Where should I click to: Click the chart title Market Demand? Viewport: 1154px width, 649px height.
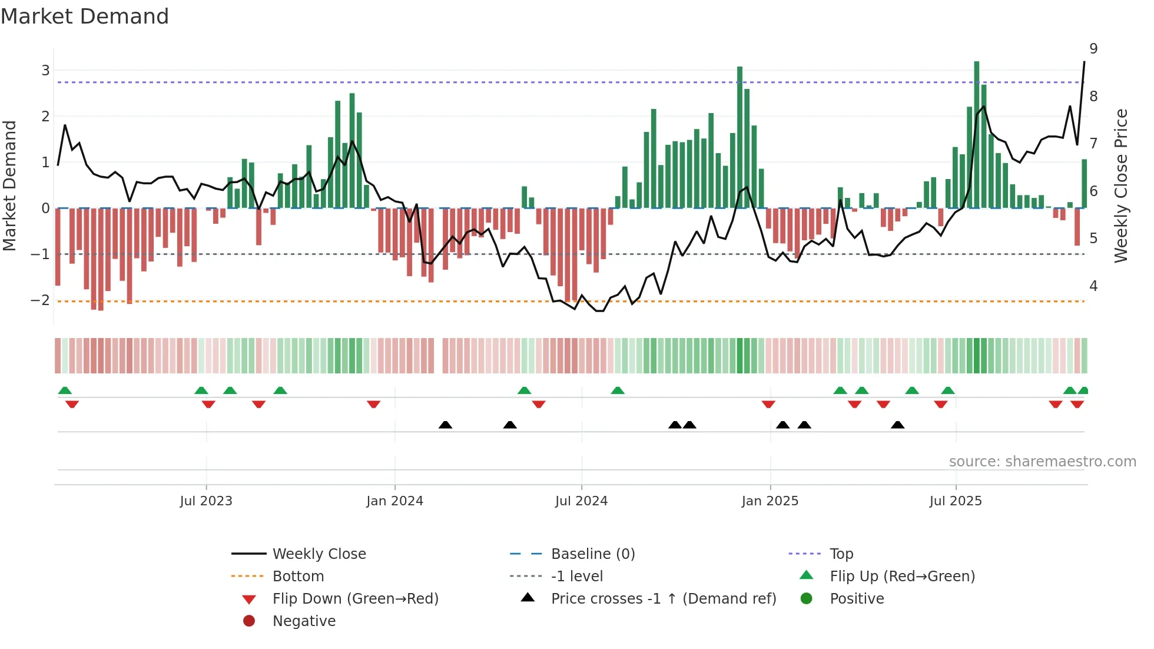click(85, 16)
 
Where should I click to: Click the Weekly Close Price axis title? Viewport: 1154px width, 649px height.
click(1121, 186)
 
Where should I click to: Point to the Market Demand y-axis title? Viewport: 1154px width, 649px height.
click(9, 186)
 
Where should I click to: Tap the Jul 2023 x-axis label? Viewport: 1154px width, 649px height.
click(206, 501)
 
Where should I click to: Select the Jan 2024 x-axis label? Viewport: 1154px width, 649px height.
click(394, 501)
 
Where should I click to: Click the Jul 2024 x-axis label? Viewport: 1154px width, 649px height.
click(581, 501)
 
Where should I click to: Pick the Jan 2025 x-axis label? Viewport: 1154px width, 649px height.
click(770, 501)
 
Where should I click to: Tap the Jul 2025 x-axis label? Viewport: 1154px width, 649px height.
click(956, 501)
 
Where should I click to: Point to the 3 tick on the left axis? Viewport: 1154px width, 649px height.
click(45, 71)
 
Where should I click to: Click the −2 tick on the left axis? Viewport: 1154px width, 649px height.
click(41, 300)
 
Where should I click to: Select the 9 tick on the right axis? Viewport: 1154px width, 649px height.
click(1093, 49)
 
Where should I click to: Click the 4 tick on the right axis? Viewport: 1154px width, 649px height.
click(1093, 286)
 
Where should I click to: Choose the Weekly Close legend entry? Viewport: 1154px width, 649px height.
click(319, 554)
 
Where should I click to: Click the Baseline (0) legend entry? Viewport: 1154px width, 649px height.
click(592, 554)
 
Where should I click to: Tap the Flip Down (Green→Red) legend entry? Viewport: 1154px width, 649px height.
click(355, 599)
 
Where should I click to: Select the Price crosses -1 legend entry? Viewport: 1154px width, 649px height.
click(663, 599)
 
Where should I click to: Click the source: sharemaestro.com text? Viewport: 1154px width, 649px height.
click(1042, 462)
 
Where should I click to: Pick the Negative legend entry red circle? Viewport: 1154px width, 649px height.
click(249, 621)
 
